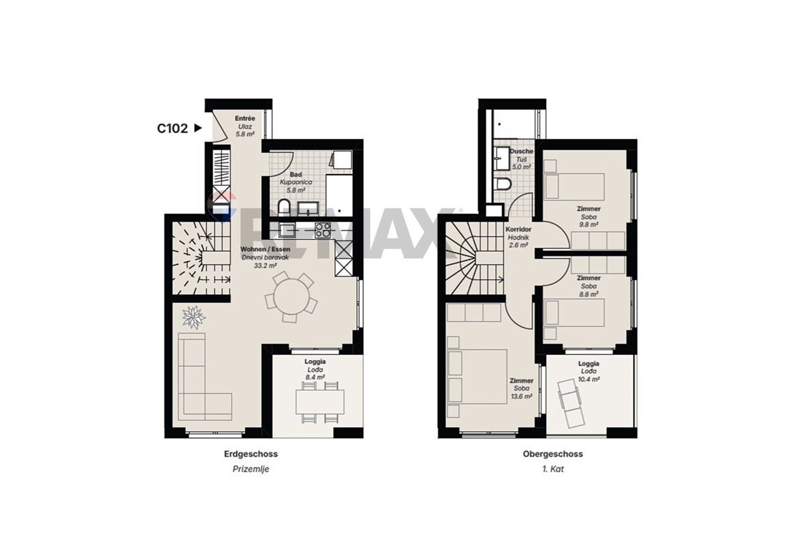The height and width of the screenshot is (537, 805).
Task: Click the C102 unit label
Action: [x=172, y=128]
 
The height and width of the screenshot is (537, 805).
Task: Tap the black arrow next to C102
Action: [x=198, y=128]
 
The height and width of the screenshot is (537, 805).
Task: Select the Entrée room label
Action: [x=245, y=118]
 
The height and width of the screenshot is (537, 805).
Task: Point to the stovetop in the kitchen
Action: [x=323, y=230]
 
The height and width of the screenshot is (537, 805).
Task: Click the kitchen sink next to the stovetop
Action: [x=287, y=230]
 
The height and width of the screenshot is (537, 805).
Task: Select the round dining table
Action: [x=291, y=297]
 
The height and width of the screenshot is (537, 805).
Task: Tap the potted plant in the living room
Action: [x=194, y=318]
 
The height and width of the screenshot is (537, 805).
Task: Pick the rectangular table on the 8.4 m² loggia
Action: [x=320, y=402]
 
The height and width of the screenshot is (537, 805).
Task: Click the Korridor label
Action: [x=518, y=229]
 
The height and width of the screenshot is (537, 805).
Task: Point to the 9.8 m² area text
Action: [x=588, y=224]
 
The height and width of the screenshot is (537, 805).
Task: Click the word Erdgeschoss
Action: [x=251, y=454]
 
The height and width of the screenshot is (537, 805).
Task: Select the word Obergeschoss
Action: [x=553, y=454]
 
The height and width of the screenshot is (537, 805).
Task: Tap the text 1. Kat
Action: [x=553, y=469]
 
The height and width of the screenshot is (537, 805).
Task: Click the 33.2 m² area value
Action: [x=265, y=266]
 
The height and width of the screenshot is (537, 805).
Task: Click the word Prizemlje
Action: [x=251, y=469]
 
